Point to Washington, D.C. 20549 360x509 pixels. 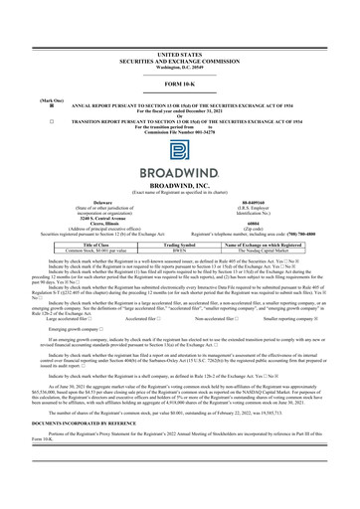coord(179,69)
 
